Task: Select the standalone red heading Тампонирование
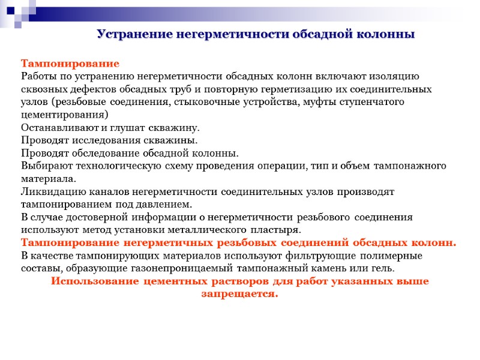[x=70, y=64]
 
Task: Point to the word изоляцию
[x=392, y=76]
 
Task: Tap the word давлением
[x=167, y=204]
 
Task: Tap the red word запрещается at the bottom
[x=239, y=294]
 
